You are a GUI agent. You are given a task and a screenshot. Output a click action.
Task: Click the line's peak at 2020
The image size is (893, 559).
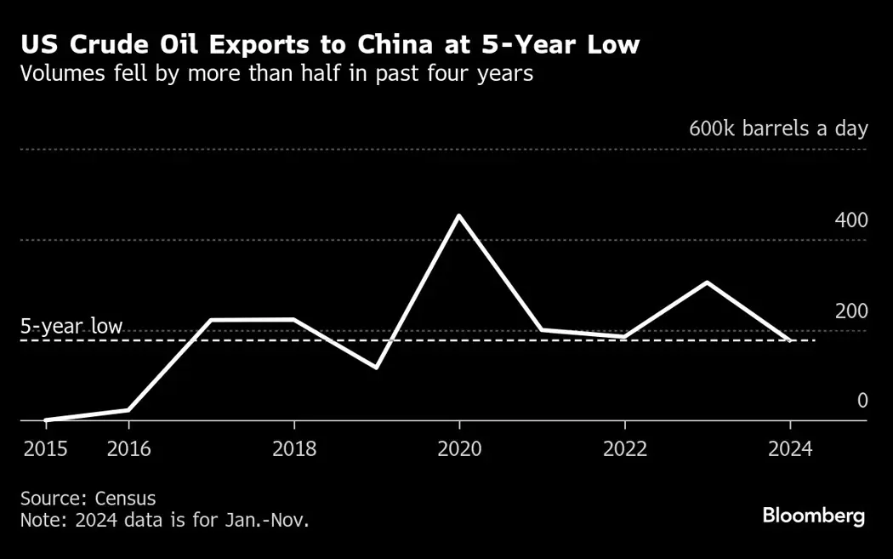(459, 215)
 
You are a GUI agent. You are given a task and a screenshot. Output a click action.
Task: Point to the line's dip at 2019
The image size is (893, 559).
(376, 368)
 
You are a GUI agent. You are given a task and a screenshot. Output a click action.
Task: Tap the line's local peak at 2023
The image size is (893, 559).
(708, 282)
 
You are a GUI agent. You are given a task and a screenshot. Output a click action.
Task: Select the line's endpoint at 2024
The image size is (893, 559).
(790, 340)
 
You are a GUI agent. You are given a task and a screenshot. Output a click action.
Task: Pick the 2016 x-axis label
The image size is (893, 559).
(129, 448)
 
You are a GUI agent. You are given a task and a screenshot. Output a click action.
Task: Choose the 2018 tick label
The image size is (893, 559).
(294, 448)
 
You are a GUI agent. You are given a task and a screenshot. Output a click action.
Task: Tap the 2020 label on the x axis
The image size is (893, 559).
(459, 448)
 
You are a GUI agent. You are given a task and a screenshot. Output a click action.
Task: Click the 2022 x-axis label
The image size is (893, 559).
(625, 448)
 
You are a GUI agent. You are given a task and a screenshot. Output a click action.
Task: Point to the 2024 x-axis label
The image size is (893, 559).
(790, 448)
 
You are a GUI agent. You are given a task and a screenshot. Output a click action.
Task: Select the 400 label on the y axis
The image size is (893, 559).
(850, 220)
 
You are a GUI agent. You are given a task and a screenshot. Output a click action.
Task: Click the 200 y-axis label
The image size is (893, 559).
(850, 311)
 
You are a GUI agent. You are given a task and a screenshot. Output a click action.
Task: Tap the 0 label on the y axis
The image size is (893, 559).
(862, 401)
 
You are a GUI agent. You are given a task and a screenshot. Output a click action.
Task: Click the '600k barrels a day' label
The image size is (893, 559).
(777, 129)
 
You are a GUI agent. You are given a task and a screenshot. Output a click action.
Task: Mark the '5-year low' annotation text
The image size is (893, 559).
(71, 327)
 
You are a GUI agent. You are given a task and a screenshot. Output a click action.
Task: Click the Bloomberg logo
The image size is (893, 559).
(813, 516)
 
